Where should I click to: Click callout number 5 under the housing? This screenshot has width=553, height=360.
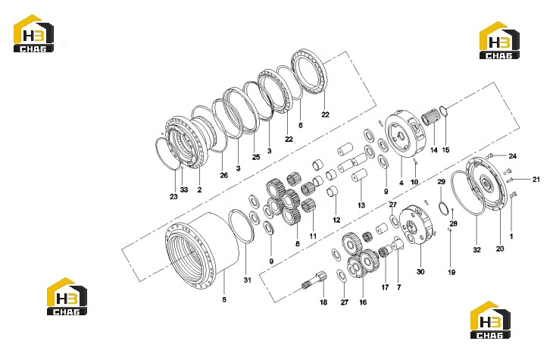point(224,299)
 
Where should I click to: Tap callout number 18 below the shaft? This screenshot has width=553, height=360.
point(323,302)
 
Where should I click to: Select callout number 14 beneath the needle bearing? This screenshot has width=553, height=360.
point(434,150)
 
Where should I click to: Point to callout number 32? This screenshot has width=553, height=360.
point(476,250)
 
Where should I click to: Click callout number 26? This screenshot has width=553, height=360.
point(224,175)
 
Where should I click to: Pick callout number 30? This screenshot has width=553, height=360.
point(420,272)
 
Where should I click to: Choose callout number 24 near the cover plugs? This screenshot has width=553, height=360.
point(512,156)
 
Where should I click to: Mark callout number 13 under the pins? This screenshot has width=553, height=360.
point(361,205)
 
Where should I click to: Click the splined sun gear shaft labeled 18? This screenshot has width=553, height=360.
point(314,280)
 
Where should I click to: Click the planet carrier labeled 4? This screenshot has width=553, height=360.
point(405,134)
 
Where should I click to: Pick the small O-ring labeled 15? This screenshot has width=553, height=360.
point(444,111)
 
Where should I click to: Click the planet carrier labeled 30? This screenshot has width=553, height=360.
point(416,224)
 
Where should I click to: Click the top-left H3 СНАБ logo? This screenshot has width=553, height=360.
point(33,33)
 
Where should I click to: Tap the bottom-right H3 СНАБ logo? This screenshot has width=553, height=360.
point(490,320)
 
